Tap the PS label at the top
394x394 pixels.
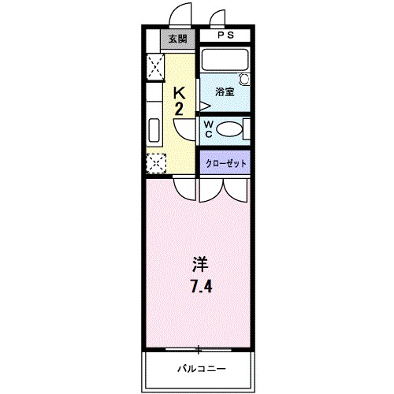click(225, 35)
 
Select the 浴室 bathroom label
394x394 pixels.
click(225, 91)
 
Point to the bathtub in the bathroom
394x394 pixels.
click(225, 61)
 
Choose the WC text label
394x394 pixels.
click(208, 128)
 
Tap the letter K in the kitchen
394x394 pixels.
click(180, 92)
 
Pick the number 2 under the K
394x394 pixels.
click(180, 109)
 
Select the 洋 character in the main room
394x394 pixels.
click(200, 263)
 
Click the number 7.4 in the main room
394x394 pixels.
click(200, 285)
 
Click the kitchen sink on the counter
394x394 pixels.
click(153, 128)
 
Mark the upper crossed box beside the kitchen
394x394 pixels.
click(154, 65)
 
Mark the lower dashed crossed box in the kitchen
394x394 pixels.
click(154, 164)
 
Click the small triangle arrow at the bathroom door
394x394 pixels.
click(203, 104)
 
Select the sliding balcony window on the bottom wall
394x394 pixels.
click(199, 348)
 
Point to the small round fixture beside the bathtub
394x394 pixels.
click(243, 79)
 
